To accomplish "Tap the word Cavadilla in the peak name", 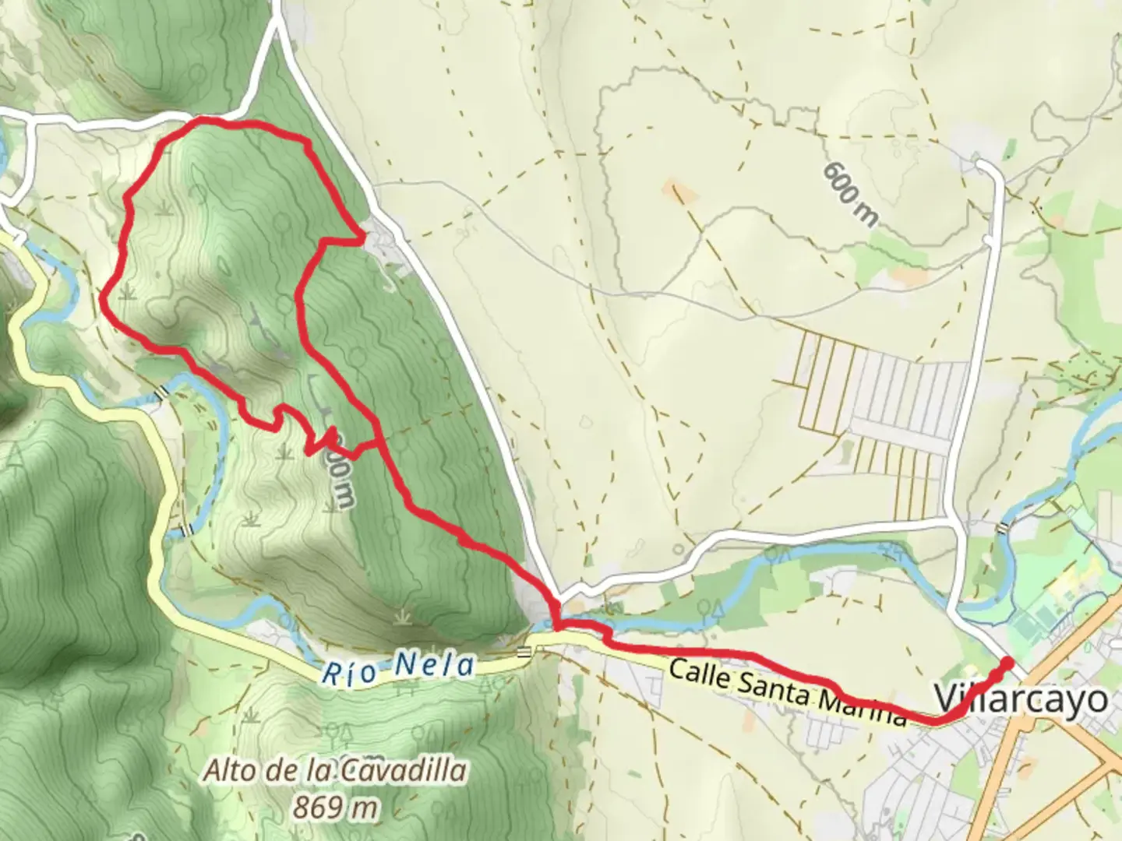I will pyautogui.click(x=402, y=771).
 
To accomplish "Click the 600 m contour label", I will pyautogui.click(x=849, y=194).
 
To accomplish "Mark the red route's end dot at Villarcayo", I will pyautogui.click(x=1007, y=663).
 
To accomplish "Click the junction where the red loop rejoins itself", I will pyautogui.click(x=379, y=442).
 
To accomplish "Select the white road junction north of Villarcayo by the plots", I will pyautogui.click(x=957, y=519).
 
